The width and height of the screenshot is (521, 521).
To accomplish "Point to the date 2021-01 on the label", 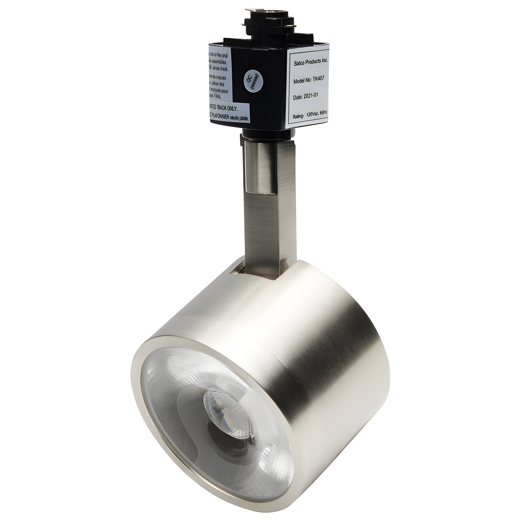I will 306,97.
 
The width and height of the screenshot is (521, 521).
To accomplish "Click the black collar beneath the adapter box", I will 267,133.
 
